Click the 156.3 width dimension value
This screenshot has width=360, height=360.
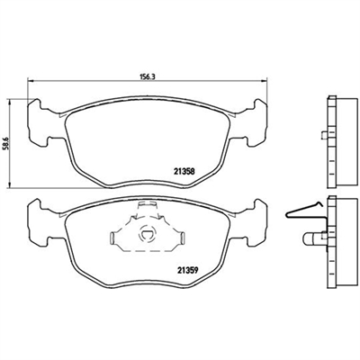pos(148,76)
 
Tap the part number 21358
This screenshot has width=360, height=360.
pos(184,171)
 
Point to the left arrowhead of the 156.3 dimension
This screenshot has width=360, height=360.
pos(30,80)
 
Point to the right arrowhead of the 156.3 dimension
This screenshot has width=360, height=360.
pos(264,80)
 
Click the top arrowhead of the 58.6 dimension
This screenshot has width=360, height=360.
pos(10,102)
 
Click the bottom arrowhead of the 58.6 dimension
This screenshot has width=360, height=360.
pos(10,185)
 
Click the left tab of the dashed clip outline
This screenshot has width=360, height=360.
pos(112,238)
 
